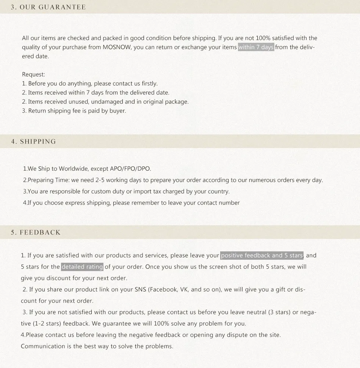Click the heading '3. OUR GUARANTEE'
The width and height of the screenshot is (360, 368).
click(x=48, y=7)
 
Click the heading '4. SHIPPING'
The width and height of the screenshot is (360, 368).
click(x=33, y=142)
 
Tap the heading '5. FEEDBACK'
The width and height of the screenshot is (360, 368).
click(x=36, y=232)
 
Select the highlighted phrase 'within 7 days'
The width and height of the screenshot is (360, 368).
click(x=256, y=47)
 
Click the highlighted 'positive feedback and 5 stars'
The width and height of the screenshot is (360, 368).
click(x=262, y=256)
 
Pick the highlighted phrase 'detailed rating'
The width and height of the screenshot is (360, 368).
click(x=82, y=267)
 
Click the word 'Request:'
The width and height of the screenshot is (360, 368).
click(x=33, y=75)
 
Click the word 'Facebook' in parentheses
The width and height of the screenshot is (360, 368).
click(x=163, y=290)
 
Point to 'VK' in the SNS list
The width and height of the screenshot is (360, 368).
click(x=185, y=290)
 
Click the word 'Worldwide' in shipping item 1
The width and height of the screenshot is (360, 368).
click(x=74, y=169)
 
